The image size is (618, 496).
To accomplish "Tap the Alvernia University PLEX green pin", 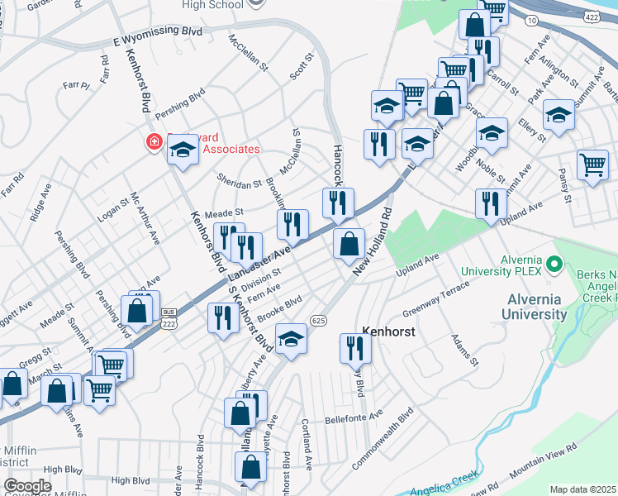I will (554, 265).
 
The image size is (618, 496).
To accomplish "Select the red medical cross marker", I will (154, 142).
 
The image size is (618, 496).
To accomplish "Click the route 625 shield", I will (318, 320).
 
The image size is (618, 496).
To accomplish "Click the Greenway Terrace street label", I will (435, 299).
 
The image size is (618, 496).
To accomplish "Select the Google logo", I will (27, 486).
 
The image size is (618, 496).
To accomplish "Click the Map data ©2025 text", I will (583, 489).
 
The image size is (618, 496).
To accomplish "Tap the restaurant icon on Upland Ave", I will (491, 203).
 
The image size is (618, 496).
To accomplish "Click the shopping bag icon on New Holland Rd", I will (349, 244).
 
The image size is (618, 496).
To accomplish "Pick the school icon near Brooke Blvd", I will (290, 339).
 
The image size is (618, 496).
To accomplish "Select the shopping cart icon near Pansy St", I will (592, 165).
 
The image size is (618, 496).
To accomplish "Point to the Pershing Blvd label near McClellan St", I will (183, 98).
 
